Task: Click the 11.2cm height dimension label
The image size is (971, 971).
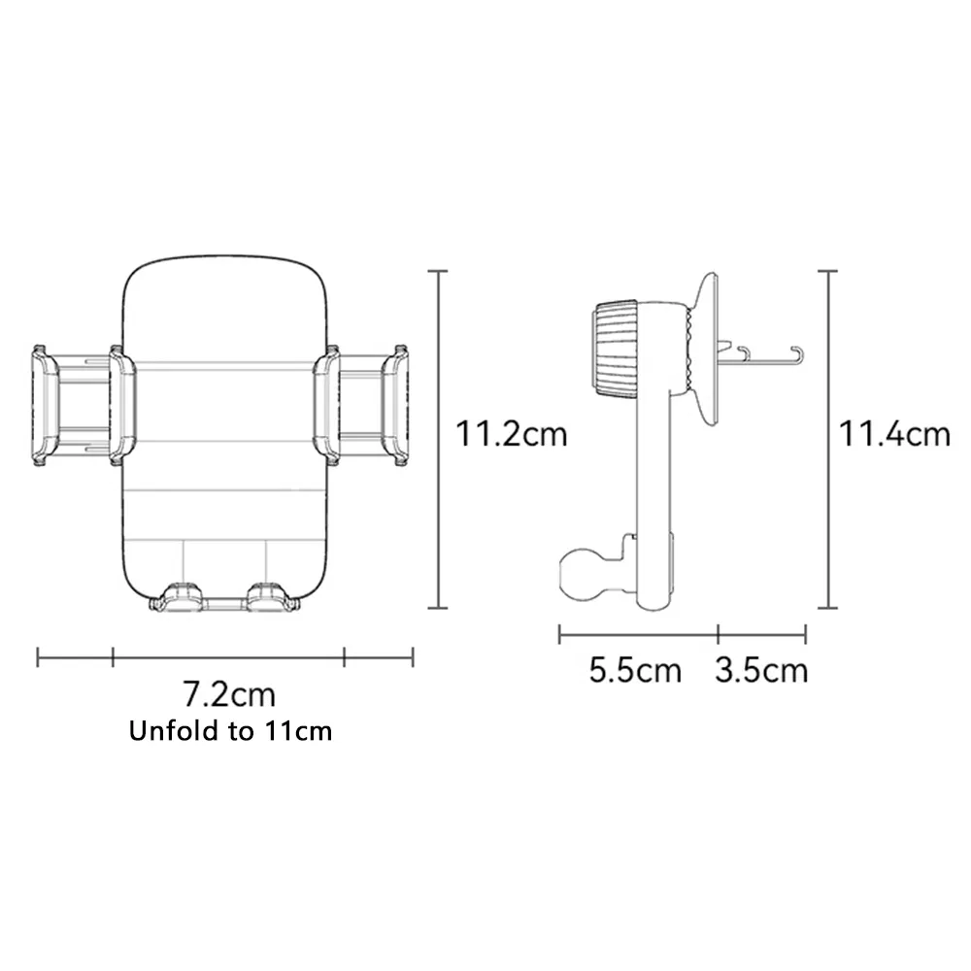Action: click(x=512, y=433)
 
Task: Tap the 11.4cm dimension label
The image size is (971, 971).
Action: click(x=894, y=433)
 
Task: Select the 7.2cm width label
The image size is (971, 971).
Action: click(x=229, y=694)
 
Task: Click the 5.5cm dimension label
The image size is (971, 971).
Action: click(x=635, y=670)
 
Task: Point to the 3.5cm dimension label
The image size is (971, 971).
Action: click(x=761, y=670)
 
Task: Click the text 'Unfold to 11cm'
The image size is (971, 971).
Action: click(x=230, y=731)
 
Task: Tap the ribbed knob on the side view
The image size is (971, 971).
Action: click(x=614, y=349)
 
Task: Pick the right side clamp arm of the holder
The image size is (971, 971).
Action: click(x=361, y=405)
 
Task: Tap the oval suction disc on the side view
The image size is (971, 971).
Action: click(x=707, y=349)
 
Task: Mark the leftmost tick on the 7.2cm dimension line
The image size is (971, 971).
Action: click(x=38, y=657)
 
